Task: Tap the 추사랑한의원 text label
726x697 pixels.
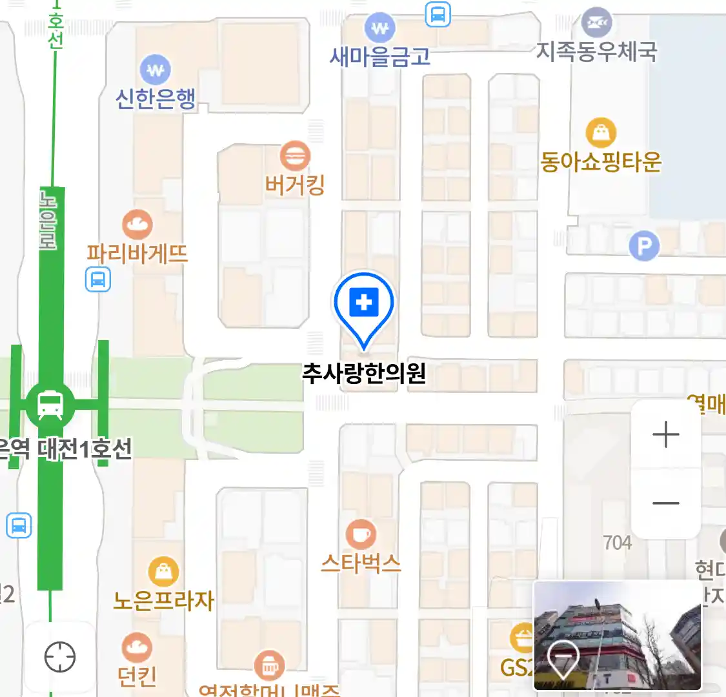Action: tap(364, 374)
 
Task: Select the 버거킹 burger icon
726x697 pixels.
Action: tap(295, 156)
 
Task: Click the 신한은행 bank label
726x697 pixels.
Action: tap(156, 98)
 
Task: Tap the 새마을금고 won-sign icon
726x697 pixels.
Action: tap(379, 28)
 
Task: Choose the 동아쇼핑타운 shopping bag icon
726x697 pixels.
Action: tap(601, 133)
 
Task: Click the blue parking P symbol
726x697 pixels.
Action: tap(644, 246)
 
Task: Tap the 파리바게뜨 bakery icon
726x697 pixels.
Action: tap(137, 225)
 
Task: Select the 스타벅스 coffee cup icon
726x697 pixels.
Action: tap(361, 534)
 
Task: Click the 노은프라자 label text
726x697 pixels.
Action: tap(163, 600)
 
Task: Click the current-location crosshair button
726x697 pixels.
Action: tap(60, 657)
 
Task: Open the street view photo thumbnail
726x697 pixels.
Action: tap(617, 635)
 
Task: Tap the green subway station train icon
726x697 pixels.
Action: tap(50, 405)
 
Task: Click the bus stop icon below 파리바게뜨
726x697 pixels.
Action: tap(98, 280)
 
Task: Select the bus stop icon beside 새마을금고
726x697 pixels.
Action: tap(438, 14)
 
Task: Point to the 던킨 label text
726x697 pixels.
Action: tap(137, 676)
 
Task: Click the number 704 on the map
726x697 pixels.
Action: tap(618, 543)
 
